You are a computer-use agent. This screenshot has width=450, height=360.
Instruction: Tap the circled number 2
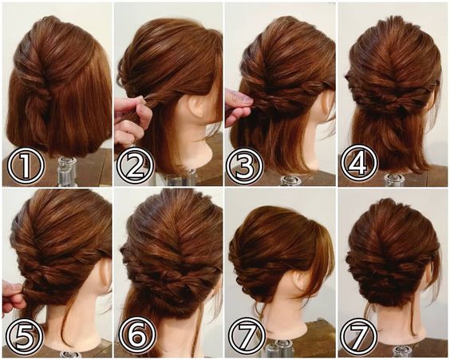pos(136,165)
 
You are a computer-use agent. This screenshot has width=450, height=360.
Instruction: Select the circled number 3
pos(244,165)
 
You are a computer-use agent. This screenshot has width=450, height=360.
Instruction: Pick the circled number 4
pos(359,163)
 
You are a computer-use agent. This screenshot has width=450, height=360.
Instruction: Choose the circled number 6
pos(137,335)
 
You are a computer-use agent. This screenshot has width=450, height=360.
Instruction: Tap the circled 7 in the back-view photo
pos(359,336)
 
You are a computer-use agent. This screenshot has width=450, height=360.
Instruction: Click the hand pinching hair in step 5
pos(13,297)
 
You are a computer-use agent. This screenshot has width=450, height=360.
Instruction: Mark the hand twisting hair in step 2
pos(131,121)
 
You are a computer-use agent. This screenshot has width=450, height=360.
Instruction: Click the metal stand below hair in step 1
pos(67,172)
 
